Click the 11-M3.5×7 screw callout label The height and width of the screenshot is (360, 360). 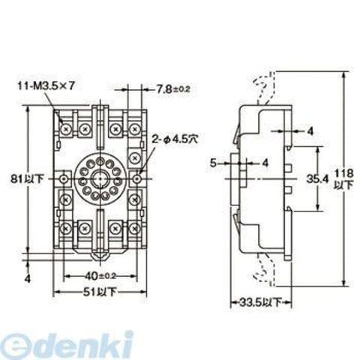pos(46,86)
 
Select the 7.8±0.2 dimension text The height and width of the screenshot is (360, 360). pos(173,88)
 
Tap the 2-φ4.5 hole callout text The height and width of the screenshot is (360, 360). pos(175,139)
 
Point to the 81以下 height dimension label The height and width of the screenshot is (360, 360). pos(27,179)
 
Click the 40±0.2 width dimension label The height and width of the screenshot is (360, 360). pos(100,276)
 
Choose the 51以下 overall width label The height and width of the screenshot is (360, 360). pos(100,292)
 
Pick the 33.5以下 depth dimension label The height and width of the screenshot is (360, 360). pos(260,303)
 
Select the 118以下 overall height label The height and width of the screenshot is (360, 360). pos(344,179)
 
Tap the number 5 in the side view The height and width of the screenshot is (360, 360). pos(213,163)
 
